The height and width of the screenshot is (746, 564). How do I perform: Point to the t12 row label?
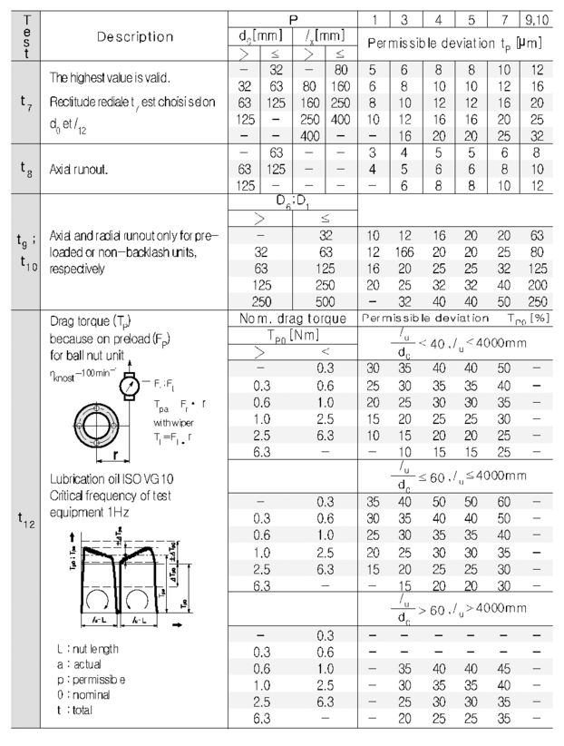20,519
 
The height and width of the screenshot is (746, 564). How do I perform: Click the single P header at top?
289,15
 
